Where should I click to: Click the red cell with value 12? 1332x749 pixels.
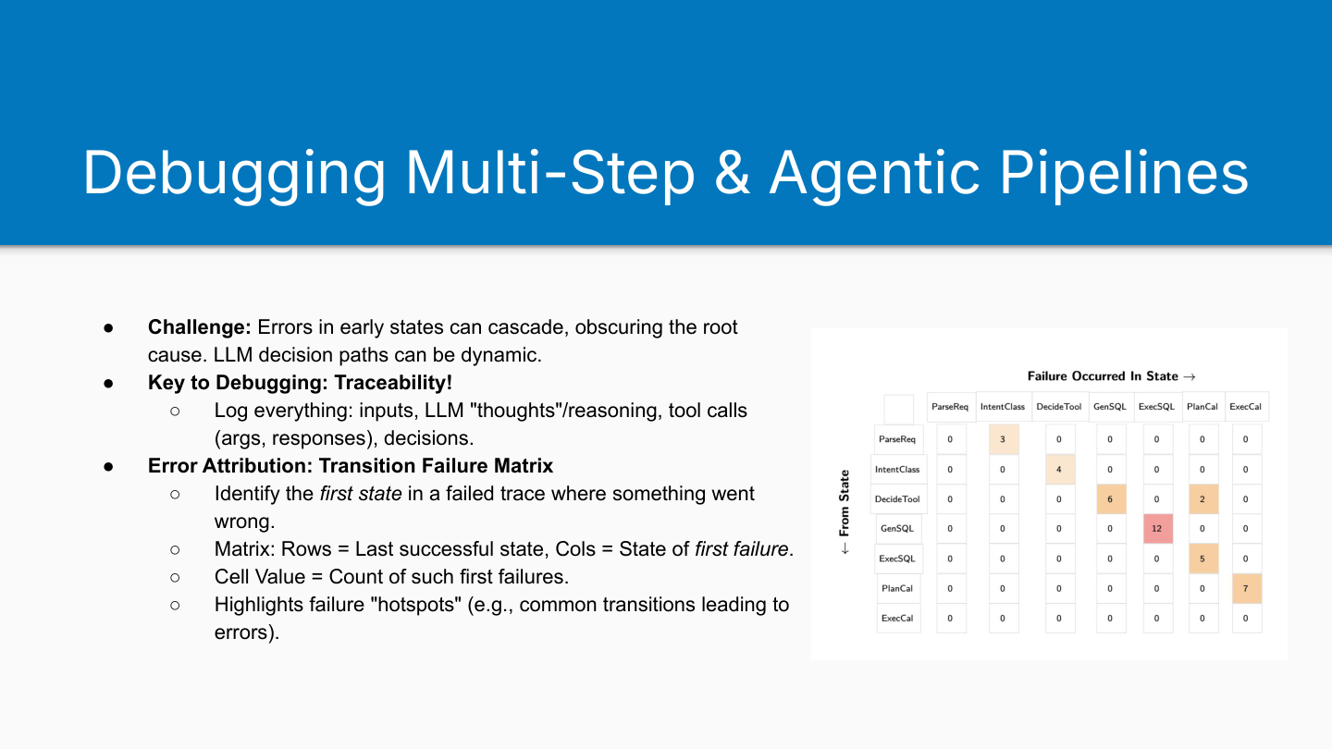[x=1158, y=529]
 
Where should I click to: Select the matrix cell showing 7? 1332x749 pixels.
[x=1246, y=588]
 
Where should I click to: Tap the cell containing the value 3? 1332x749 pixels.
[x=1004, y=439]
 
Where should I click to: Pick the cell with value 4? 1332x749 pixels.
[x=1060, y=470]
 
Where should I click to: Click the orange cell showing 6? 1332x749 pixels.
[x=1111, y=499]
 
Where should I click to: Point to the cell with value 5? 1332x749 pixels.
[x=1203, y=559]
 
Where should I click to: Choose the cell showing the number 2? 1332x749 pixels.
[x=1203, y=499]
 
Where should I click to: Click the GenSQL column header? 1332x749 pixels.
[x=1110, y=407]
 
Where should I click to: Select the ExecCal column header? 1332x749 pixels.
[x=1246, y=407]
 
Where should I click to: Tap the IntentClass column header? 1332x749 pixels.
[x=1003, y=407]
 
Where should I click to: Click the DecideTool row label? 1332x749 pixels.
[x=898, y=499]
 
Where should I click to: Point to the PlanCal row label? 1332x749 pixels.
[x=898, y=588]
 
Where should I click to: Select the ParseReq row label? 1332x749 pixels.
[x=898, y=439]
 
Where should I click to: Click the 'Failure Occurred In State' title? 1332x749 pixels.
[x=1103, y=376]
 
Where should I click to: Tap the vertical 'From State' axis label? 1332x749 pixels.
[x=845, y=503]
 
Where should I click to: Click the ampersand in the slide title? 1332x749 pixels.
[x=732, y=173]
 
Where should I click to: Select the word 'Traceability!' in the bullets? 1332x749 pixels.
[x=393, y=382]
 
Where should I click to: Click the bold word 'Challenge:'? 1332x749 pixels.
[x=200, y=327]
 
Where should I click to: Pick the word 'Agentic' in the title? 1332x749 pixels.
[x=875, y=173]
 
